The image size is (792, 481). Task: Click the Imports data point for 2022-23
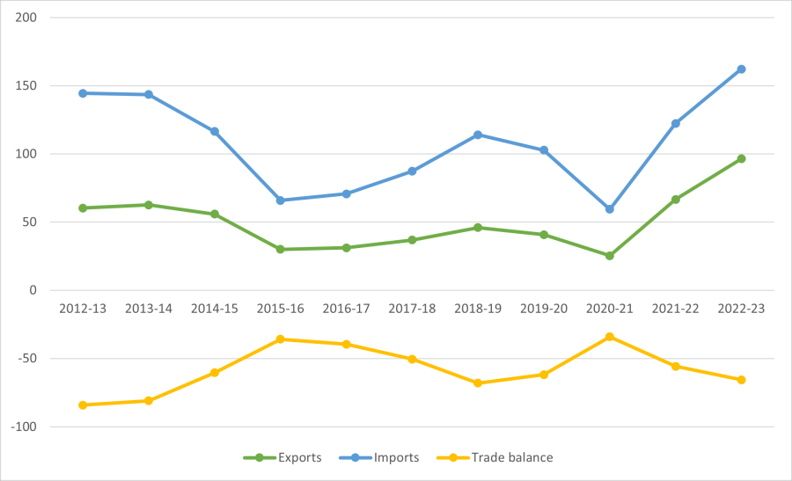(741, 69)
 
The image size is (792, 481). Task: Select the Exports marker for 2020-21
(609, 256)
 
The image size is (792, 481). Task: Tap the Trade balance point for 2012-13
(83, 405)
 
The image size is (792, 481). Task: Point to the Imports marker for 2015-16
(280, 200)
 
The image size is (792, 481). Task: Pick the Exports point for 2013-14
(149, 205)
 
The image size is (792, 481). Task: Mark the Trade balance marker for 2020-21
(609, 337)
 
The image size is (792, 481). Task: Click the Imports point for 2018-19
(478, 135)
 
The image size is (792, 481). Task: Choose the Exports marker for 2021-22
(675, 200)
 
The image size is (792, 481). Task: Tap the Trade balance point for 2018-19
(478, 383)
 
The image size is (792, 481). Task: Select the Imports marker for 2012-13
(83, 93)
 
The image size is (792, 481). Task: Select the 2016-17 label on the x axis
(346, 309)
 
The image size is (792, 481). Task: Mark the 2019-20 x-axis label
(543, 309)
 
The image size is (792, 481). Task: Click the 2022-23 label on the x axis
(741, 309)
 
